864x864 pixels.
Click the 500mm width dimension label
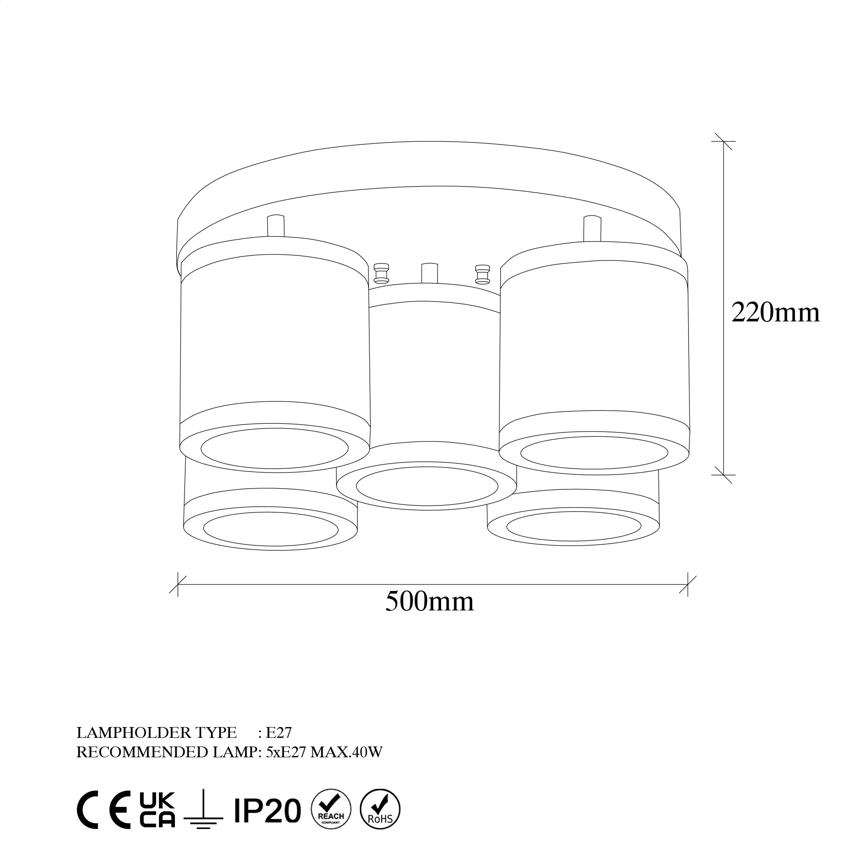[x=429, y=601]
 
